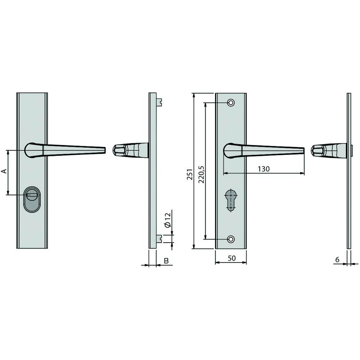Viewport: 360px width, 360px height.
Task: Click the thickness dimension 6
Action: pyautogui.click(x=337, y=259)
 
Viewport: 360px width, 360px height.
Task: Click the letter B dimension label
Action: pyautogui.click(x=166, y=261)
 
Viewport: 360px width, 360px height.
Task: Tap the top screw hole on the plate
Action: pyautogui.click(x=231, y=103)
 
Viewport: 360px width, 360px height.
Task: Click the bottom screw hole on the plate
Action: pyautogui.click(x=231, y=239)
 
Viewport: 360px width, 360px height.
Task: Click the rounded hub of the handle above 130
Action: pyautogui.click(x=231, y=150)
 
